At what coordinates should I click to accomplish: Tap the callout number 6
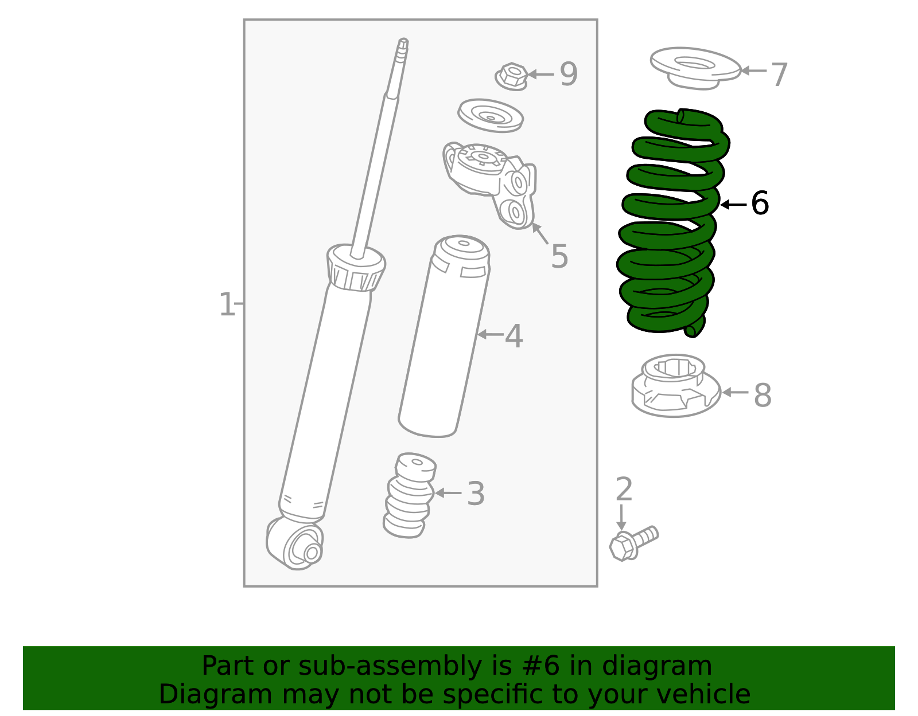(x=760, y=204)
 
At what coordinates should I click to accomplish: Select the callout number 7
(x=779, y=75)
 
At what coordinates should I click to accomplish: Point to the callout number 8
(x=763, y=396)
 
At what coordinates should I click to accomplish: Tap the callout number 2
(x=624, y=490)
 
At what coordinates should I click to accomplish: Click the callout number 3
(x=476, y=494)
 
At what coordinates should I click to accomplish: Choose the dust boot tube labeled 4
(x=445, y=338)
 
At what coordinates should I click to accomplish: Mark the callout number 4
(x=514, y=337)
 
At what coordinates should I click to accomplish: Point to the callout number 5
(x=559, y=256)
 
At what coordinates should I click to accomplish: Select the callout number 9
(x=569, y=75)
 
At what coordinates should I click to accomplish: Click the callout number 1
(x=227, y=304)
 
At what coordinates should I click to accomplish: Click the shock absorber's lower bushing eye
(x=303, y=547)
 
